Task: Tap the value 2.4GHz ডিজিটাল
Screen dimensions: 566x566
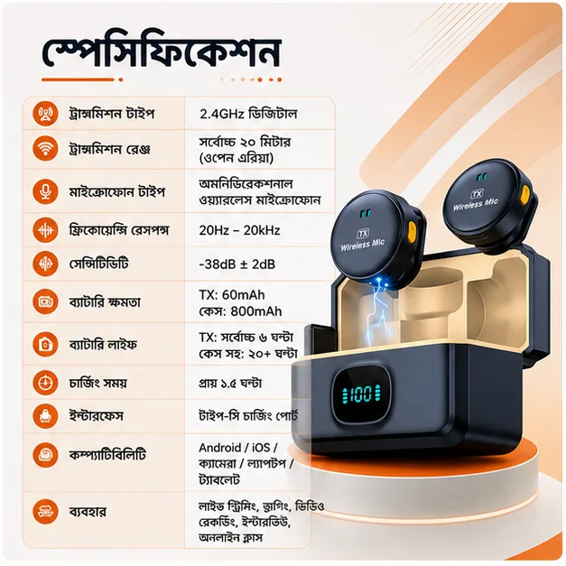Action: pos(248,114)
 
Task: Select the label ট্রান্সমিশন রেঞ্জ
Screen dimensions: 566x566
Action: pos(109,149)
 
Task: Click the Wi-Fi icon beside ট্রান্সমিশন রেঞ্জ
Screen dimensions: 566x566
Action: pos(45,148)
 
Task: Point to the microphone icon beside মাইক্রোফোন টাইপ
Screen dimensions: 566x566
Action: pos(45,191)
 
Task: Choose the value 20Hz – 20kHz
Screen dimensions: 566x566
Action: pos(239,230)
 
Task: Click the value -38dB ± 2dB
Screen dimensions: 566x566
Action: pos(237,264)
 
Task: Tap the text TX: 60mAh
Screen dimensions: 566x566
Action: pos(232,295)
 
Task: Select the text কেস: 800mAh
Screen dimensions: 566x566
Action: pos(240,311)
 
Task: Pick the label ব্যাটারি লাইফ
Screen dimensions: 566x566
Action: pos(103,344)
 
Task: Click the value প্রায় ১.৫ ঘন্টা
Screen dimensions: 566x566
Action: pos(230,383)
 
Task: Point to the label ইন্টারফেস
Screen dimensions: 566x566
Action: pos(96,416)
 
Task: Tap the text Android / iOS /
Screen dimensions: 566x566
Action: pos(238,448)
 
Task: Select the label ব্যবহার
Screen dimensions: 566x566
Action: pos(88,512)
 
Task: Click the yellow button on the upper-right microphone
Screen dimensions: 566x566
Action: pos(525,194)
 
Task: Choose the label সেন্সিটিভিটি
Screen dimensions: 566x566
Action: pos(98,264)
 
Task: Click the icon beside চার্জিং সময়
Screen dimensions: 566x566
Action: pos(45,383)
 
